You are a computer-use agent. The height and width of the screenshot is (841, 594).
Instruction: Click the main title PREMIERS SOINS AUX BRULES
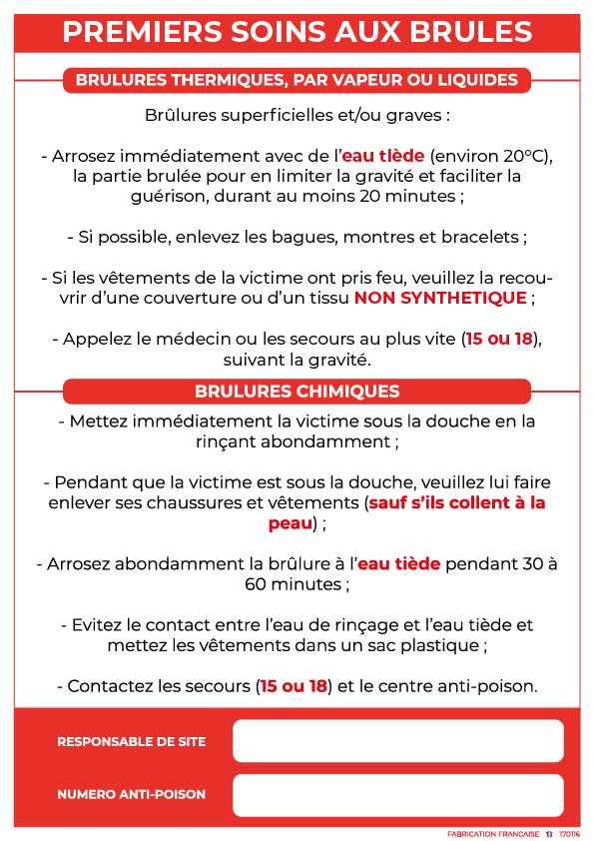[x=297, y=31]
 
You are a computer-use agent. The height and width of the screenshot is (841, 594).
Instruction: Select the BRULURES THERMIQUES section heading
[x=297, y=80]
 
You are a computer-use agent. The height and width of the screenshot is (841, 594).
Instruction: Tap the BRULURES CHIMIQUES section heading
[x=297, y=392]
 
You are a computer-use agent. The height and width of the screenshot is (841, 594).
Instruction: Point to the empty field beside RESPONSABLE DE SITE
[x=397, y=741]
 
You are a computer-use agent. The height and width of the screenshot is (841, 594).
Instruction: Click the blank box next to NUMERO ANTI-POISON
[x=397, y=795]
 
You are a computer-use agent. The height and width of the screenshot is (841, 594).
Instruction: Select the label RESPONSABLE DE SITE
[x=132, y=742]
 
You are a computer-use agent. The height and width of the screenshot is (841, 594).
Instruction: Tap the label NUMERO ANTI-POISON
[x=132, y=795]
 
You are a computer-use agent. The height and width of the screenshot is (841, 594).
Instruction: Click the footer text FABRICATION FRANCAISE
[x=492, y=833]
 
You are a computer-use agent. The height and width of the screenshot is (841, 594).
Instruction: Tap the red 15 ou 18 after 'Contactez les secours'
[x=293, y=686]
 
